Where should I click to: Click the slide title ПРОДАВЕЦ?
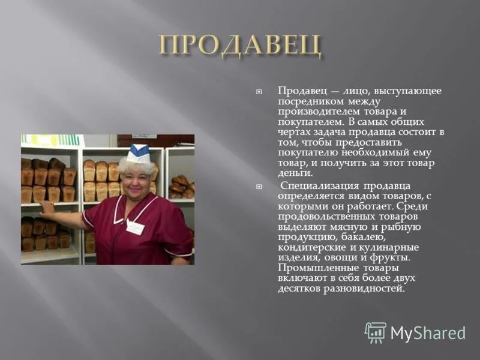[x=240, y=46]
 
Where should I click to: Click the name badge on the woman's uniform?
[x=136, y=227]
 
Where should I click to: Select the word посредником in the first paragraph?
[x=306, y=101]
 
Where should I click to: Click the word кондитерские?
[x=308, y=247]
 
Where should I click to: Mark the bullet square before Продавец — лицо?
[x=259, y=91]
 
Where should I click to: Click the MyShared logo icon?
[x=376, y=332]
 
